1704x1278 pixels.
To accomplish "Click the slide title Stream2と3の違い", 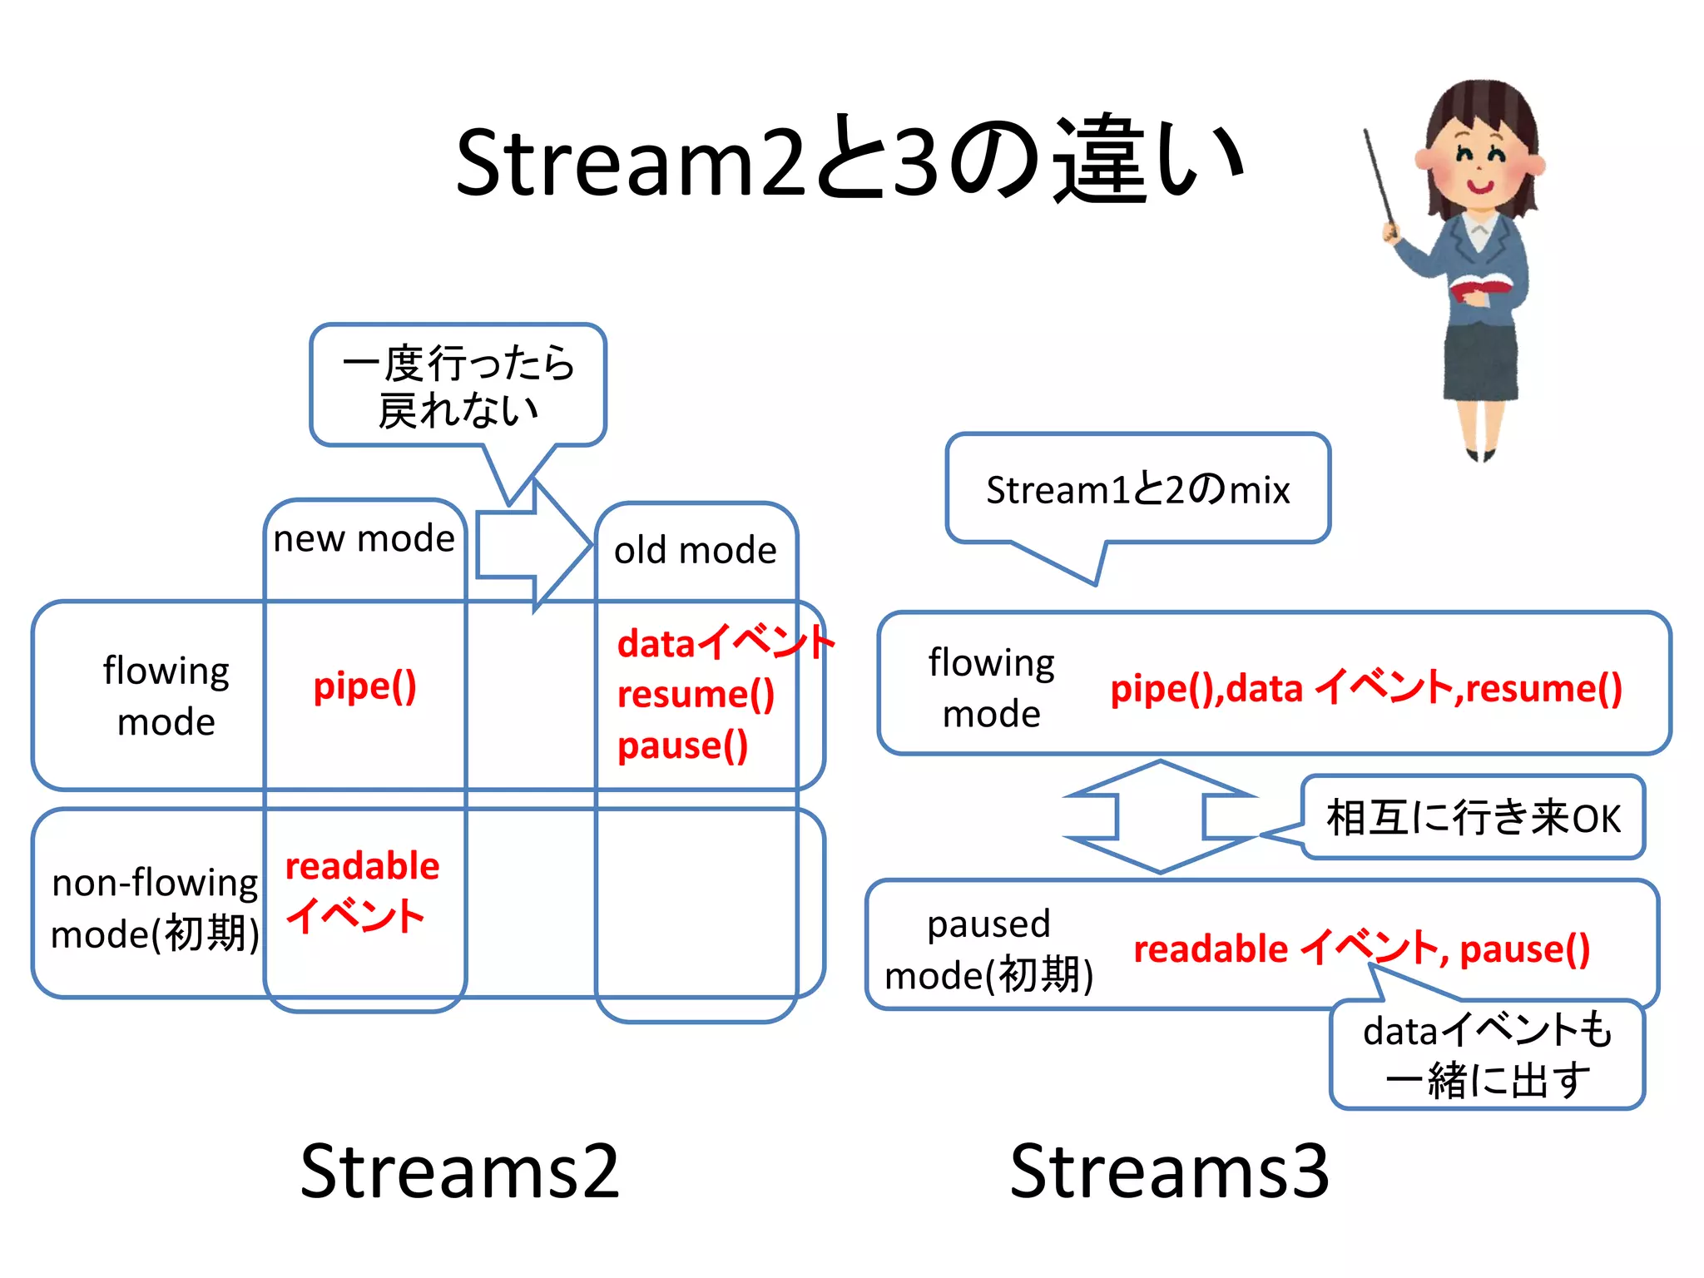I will point(849,162).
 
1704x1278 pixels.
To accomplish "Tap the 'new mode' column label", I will point(364,539).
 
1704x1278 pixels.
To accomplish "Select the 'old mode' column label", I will point(695,551).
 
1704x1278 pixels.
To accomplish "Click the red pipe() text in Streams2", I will point(364,687).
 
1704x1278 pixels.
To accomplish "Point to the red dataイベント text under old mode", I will point(724,643).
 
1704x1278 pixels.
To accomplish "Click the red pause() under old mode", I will point(682,745).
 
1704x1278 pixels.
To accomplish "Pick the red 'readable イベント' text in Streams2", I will point(361,890).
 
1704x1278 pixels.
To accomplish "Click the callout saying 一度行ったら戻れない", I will point(458,386).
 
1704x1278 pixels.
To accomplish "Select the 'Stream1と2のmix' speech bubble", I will point(1137,489).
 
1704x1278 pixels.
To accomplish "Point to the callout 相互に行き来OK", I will point(1473,817).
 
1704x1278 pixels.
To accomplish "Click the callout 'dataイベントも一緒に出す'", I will point(1487,1055).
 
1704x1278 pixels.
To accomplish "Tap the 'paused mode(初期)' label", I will point(988,949).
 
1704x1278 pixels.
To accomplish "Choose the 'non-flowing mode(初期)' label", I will point(155,908).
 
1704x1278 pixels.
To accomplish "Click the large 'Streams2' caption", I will point(459,1171).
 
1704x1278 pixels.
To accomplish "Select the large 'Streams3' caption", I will point(1169,1171).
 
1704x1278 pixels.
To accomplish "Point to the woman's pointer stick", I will point(1379,179).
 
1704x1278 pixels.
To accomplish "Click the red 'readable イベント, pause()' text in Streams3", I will point(1361,949).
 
